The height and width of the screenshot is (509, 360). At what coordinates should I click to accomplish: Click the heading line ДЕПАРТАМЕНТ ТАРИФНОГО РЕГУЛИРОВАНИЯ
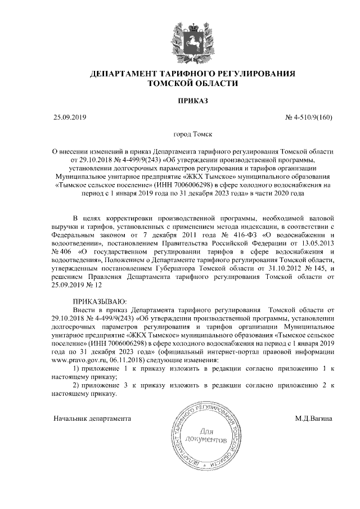[192, 74]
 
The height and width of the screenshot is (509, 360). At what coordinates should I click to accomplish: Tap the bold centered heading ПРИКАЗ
[193, 101]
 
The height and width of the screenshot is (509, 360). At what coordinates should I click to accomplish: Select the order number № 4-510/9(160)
[309, 117]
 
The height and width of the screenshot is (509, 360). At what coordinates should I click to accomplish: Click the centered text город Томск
[192, 135]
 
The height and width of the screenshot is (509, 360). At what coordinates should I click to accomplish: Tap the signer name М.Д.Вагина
[313, 418]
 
